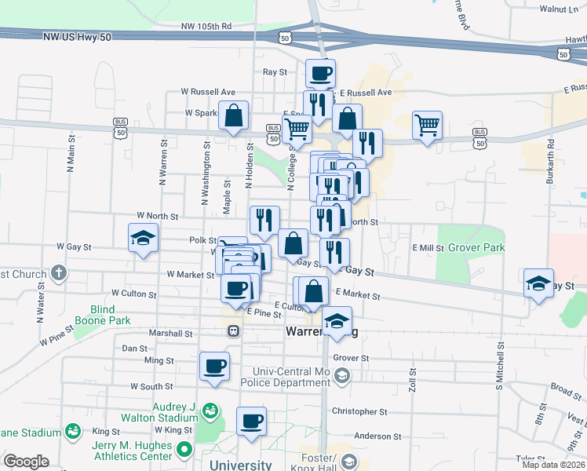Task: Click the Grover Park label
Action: [476, 247]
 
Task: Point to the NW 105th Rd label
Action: [206, 26]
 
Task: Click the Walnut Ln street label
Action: [558, 9]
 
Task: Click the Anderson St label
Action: [377, 436]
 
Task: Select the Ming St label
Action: [159, 360]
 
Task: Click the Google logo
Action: [26, 462]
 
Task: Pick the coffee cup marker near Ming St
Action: [214, 365]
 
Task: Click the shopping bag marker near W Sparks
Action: [234, 115]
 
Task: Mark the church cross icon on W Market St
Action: [58, 273]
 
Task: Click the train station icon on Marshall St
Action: [234, 331]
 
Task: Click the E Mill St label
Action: [428, 247]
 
